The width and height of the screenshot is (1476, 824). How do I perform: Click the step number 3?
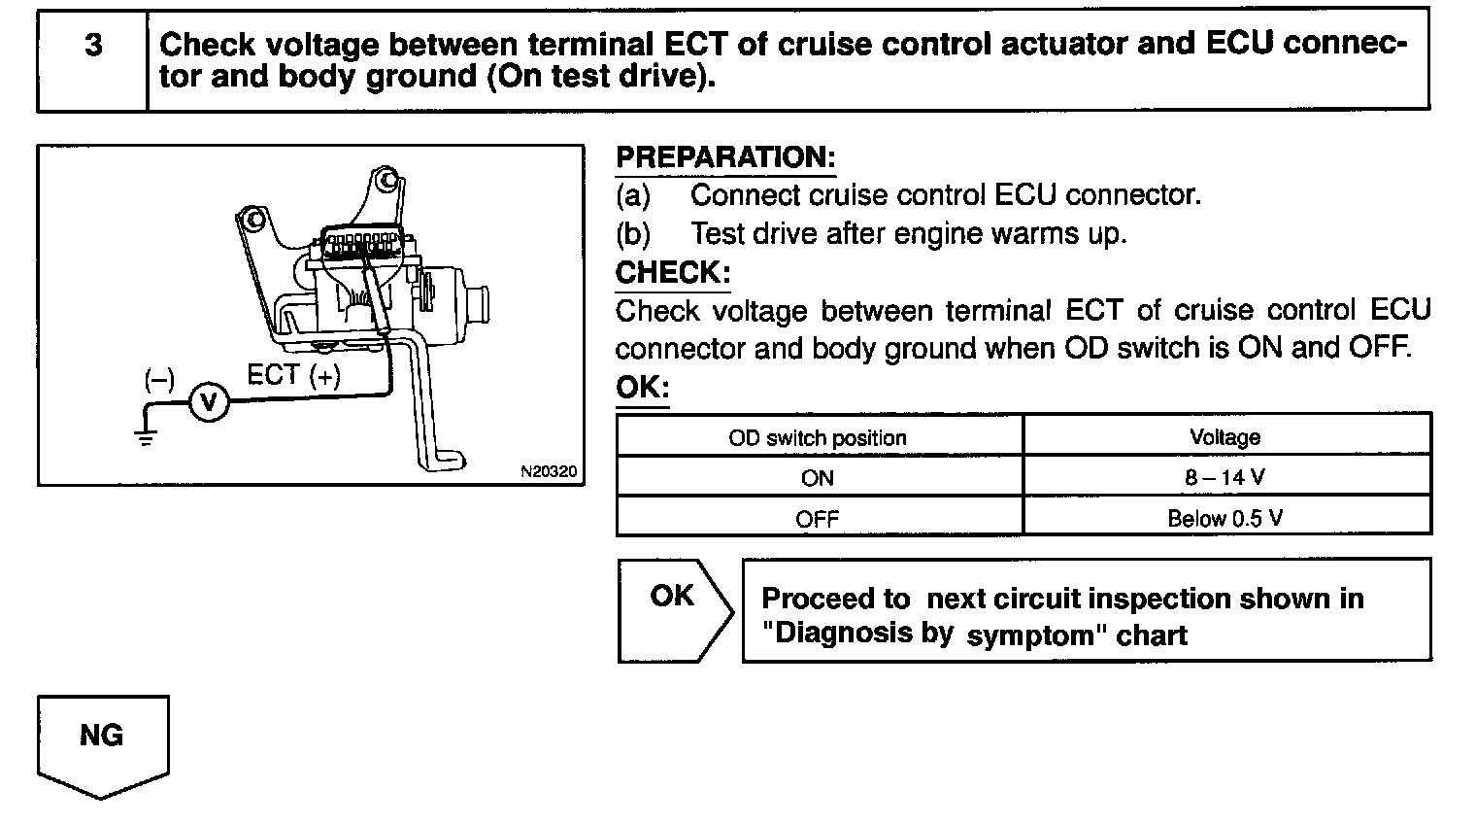point(93,45)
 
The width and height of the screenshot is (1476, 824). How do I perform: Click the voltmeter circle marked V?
point(209,402)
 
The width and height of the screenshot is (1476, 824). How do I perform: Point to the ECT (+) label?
point(294,375)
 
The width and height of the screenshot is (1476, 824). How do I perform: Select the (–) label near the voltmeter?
point(159,380)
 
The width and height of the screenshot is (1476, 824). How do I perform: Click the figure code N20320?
point(549,471)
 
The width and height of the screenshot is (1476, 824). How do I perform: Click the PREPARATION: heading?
point(725,157)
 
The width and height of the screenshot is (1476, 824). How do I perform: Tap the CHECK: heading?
point(673,272)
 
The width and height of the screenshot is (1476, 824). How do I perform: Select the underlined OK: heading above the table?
point(643,387)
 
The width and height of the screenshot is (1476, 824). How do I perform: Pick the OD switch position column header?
point(818,437)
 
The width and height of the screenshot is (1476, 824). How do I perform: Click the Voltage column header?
point(1224,437)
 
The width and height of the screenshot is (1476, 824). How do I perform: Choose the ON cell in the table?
point(818,478)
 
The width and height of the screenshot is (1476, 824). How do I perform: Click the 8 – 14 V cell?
point(1224,477)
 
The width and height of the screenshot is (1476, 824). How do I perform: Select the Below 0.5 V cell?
point(1224,519)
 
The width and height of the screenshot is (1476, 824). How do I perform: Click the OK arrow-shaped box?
point(675,610)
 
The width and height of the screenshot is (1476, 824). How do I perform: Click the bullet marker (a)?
point(633,195)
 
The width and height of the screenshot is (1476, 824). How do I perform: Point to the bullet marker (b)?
point(633,234)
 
